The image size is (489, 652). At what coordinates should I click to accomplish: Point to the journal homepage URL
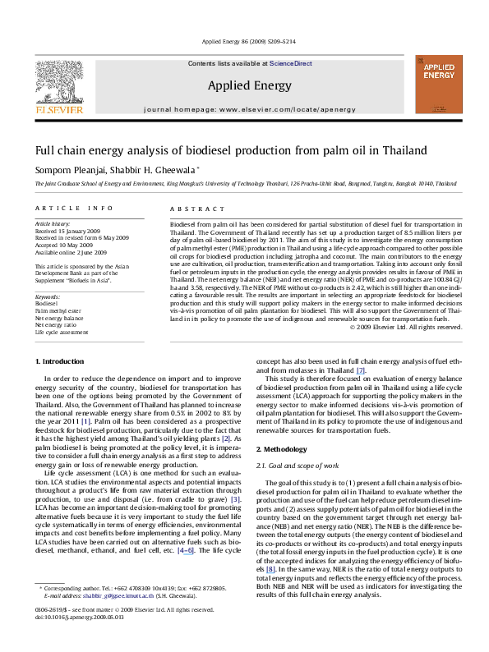click(x=244, y=108)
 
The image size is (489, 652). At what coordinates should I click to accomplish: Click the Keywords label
click(x=48, y=294)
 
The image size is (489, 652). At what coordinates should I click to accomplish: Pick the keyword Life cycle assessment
click(x=61, y=333)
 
